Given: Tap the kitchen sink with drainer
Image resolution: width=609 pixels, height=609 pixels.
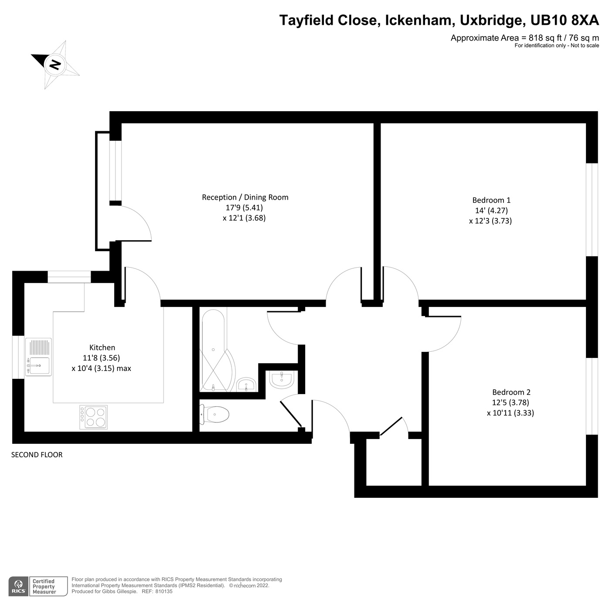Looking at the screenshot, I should pos(38,357).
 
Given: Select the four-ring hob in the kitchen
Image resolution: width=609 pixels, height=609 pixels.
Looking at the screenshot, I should pos(93,417).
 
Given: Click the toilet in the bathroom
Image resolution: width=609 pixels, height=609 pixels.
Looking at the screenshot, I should pos(215,414).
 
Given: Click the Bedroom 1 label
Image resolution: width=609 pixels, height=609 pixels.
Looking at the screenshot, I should pos(491,200).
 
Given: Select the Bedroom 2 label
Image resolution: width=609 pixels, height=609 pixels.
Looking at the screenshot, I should pos(511,392).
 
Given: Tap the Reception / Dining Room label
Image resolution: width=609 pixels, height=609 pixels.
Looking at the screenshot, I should pos(245,197).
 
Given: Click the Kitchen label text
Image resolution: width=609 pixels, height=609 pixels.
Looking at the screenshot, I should pos(102,347).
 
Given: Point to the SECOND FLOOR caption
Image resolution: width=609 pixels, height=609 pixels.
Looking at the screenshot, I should pos(37,455).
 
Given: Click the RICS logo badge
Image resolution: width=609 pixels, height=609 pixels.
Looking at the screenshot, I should pos(19,586).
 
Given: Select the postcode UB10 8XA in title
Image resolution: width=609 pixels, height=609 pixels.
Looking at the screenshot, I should pos(564,20).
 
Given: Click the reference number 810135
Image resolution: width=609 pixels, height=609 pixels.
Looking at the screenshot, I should pos(164,592).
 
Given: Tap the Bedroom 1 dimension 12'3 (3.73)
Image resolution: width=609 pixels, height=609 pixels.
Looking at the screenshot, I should pos(490,221).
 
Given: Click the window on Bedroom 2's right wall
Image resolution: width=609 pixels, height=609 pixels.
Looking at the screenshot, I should pos(592,396).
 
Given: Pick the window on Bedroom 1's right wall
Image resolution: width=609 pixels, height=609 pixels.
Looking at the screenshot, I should pos(592,210).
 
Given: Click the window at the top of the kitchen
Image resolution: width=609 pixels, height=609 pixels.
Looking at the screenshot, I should pos(69,277).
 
